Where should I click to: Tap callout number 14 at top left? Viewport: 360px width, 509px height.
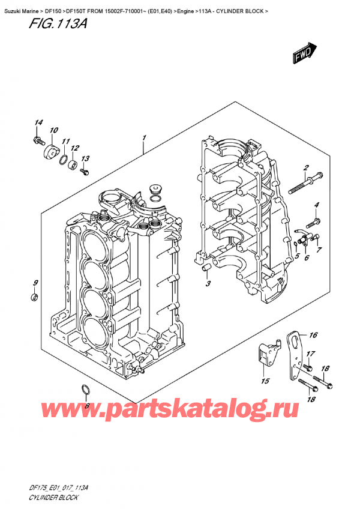click(38, 124)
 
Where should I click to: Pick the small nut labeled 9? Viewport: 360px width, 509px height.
click(35, 297)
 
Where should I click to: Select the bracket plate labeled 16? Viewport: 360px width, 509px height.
click(296, 354)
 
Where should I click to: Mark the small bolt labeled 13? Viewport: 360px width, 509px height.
click(83, 171)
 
